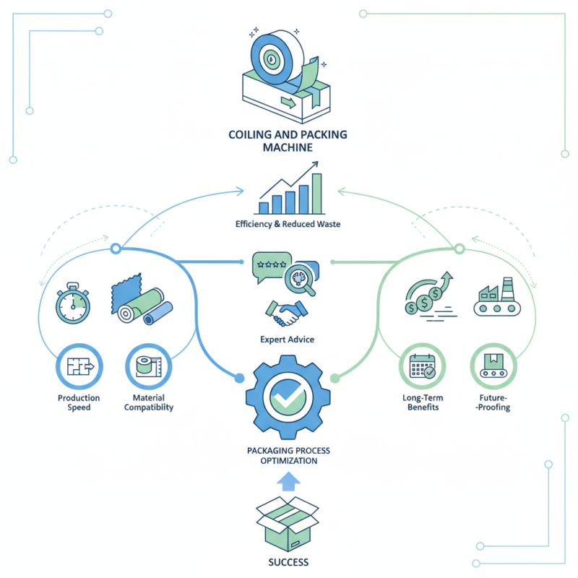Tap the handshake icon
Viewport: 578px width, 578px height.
point(288,312)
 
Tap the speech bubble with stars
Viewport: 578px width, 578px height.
point(270,266)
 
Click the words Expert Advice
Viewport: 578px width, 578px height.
point(288,338)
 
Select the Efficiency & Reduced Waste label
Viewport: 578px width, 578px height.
point(288,224)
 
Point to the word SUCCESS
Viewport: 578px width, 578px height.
point(288,561)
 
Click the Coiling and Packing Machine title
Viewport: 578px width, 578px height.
point(288,140)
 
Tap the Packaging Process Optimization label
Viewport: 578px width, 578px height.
point(288,455)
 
